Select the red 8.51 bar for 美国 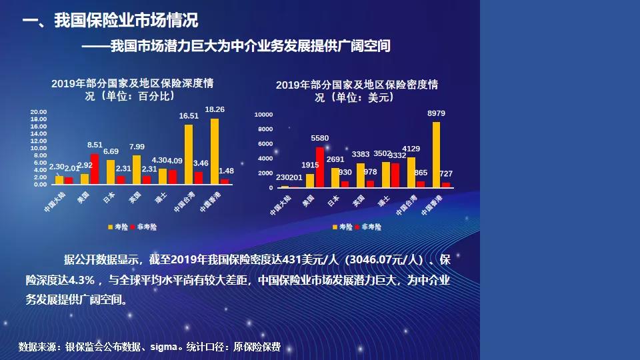tap(95, 169)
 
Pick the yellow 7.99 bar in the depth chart tap(137, 169)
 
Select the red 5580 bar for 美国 tap(319, 167)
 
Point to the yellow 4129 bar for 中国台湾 tap(411, 173)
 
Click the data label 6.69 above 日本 tap(111, 152)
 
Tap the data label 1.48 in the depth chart tap(227, 171)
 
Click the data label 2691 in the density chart tap(335, 159)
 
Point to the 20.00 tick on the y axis tap(39, 112)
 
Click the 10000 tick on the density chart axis tap(264, 115)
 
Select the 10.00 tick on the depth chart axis tap(39, 148)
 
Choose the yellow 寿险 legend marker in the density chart tap(335, 227)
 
